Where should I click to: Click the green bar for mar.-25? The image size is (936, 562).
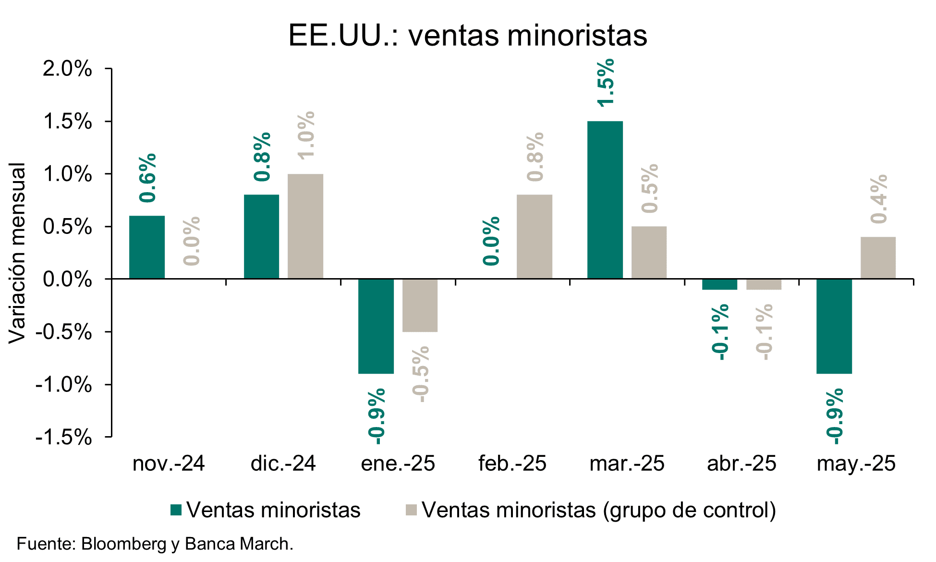(x=605, y=200)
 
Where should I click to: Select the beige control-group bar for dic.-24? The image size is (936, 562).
(x=305, y=226)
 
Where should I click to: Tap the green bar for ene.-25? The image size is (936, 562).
(x=376, y=326)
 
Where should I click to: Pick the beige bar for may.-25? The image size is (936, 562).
(x=878, y=258)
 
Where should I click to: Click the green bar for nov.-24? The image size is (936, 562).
(x=147, y=247)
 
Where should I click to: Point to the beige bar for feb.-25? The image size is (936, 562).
(x=535, y=237)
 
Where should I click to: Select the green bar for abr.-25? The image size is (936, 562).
(x=719, y=284)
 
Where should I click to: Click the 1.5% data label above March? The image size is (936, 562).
(x=606, y=82)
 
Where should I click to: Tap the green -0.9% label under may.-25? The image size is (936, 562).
(x=835, y=416)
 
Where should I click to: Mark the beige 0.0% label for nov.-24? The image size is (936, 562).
(x=192, y=241)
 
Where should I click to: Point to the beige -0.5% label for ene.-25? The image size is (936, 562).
(x=421, y=374)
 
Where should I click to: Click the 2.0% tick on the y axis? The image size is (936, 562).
(x=67, y=69)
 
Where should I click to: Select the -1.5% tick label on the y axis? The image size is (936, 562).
(x=64, y=438)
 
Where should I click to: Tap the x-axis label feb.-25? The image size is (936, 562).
(x=512, y=464)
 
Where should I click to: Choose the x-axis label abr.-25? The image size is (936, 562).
(x=742, y=464)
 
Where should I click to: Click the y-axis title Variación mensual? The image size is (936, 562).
(x=17, y=253)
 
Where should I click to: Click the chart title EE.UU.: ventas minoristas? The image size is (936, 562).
(x=468, y=35)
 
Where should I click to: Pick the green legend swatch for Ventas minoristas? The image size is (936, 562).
(x=176, y=510)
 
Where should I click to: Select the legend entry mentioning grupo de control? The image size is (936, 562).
(x=598, y=510)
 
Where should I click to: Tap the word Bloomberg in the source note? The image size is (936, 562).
(x=124, y=544)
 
